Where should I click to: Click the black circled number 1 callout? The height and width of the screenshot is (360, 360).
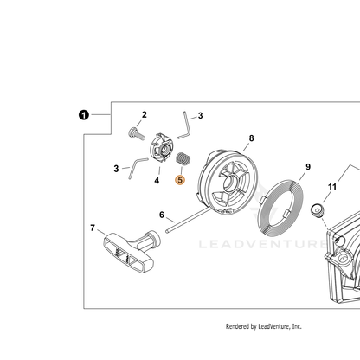[x=84, y=115]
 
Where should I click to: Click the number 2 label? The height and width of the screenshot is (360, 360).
[x=145, y=114]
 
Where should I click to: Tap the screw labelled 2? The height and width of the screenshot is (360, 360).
[x=136, y=133]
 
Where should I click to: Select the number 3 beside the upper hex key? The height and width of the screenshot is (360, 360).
[x=200, y=116]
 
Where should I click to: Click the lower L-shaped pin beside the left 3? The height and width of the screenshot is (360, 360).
[x=135, y=167]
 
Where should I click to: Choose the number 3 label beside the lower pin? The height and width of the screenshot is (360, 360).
[x=116, y=169]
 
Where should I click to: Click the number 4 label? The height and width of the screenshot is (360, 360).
[x=157, y=181]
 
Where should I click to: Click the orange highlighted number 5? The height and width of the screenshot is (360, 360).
[x=180, y=180]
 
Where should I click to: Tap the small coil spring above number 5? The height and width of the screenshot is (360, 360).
[x=183, y=159]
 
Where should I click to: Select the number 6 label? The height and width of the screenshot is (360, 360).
[x=162, y=215]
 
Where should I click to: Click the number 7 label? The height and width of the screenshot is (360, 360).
[x=93, y=228]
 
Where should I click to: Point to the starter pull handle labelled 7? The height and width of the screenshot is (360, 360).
[x=132, y=250]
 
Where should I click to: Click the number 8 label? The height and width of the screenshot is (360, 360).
[x=251, y=138]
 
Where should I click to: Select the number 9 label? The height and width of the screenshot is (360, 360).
[x=308, y=167]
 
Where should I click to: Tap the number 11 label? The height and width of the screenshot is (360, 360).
[x=332, y=187]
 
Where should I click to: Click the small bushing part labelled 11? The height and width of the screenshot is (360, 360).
[x=317, y=210]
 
